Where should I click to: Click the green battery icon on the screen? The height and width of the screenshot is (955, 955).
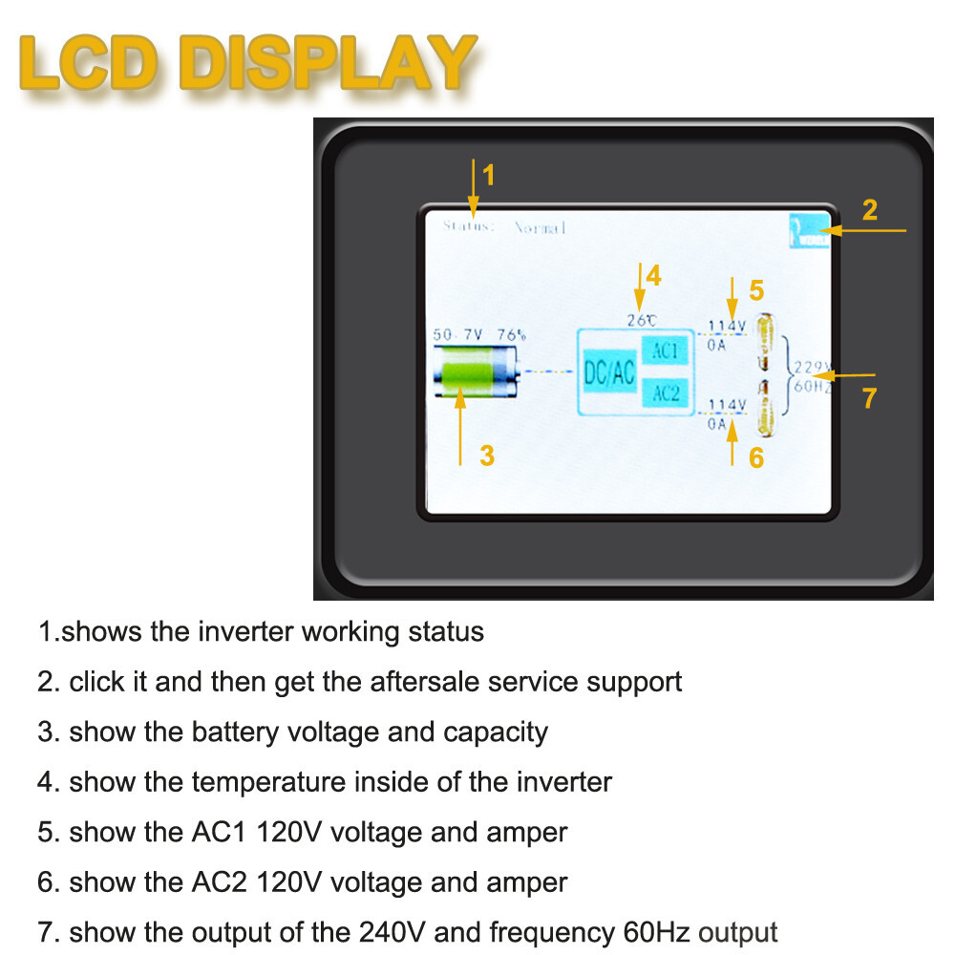pyautogui.click(x=474, y=373)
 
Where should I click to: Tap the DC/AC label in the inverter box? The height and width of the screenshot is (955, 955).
pyautogui.click(x=608, y=372)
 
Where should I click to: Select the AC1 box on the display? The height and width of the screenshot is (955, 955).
pyautogui.click(x=665, y=350)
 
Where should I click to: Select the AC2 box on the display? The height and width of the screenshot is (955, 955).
pyautogui.click(x=665, y=392)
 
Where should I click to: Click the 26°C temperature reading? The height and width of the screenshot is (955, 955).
pyautogui.click(x=641, y=321)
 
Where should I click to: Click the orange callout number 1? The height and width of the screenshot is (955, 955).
pyautogui.click(x=489, y=176)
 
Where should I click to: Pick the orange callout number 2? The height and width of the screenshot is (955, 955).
pyautogui.click(x=869, y=210)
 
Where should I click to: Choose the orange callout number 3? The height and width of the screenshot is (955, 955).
pyautogui.click(x=487, y=456)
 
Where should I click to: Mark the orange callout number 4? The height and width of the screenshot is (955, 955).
pyautogui.click(x=653, y=276)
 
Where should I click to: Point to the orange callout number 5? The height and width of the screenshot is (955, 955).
pyautogui.click(x=756, y=290)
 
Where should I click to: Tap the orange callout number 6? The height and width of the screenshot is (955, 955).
pyautogui.click(x=756, y=458)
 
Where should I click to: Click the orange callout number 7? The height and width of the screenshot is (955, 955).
pyautogui.click(x=869, y=398)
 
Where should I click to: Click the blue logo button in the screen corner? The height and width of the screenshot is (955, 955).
pyautogui.click(x=808, y=231)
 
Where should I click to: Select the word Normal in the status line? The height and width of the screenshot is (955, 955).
pyautogui.click(x=541, y=227)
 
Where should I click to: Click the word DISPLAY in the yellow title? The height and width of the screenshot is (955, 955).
pyautogui.click(x=327, y=64)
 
